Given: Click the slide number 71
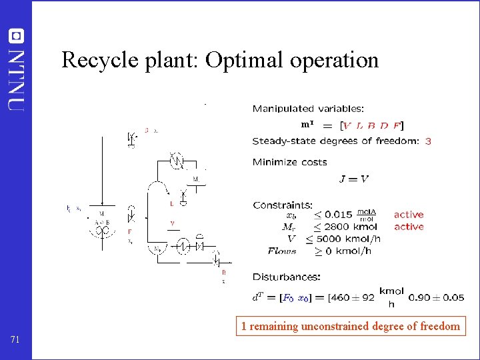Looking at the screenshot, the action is click(16, 340).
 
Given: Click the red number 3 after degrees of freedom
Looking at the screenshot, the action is click(427, 141).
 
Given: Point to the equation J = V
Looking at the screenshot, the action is click(354, 179).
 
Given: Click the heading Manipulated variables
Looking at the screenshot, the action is click(308, 108).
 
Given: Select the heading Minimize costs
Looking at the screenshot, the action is click(289, 162).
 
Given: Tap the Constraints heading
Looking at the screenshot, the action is click(282, 205).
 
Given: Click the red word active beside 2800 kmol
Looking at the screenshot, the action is click(409, 227).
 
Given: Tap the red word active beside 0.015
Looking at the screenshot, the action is click(409, 215).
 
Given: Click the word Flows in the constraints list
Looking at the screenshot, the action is click(282, 251).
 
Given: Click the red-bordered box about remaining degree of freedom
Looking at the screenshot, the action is click(350, 326).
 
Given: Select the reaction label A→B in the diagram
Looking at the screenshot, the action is click(101, 222).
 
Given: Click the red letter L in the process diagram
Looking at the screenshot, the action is click(171, 203).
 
